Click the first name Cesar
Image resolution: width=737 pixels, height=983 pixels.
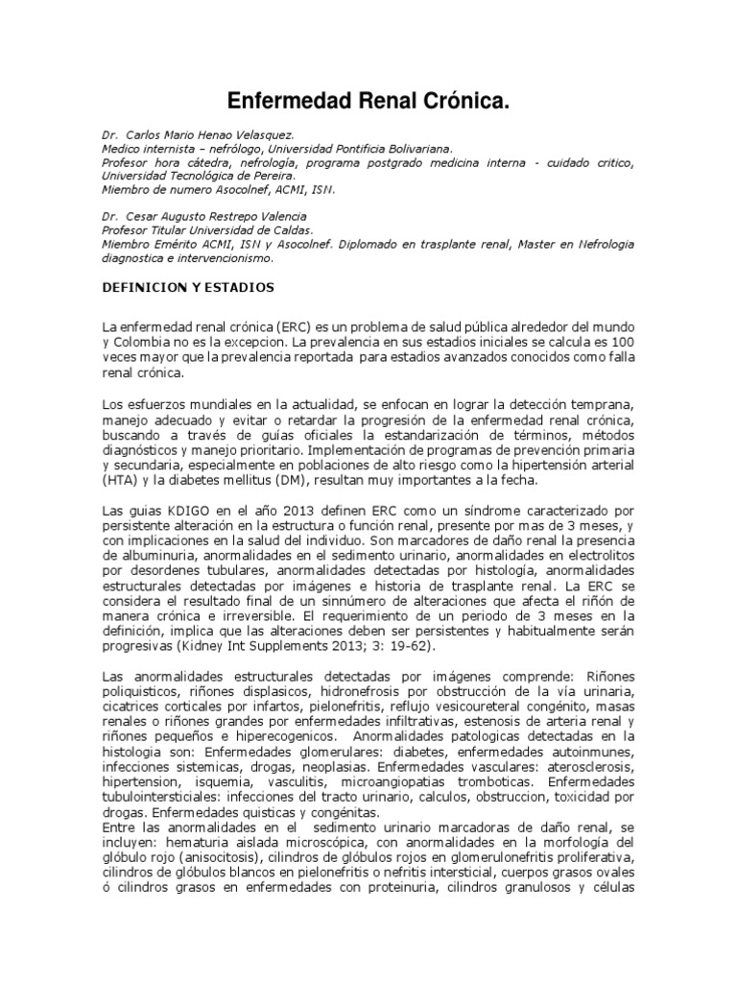[144, 217]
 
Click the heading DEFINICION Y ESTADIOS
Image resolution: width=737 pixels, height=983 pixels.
[188, 287]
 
